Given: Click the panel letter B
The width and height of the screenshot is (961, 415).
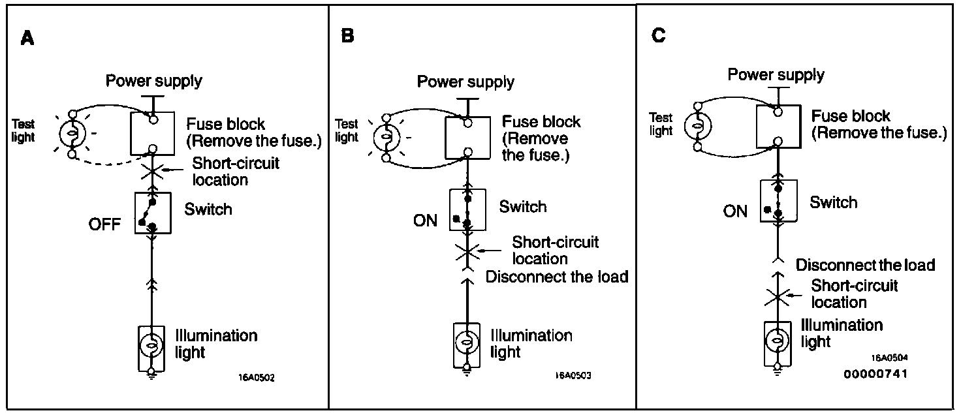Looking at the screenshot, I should [x=348, y=36].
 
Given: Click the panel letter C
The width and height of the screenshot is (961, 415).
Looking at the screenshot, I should [x=659, y=35].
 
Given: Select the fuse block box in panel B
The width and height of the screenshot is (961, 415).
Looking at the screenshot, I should [x=468, y=137].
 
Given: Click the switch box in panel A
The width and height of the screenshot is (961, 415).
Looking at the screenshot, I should [x=152, y=213].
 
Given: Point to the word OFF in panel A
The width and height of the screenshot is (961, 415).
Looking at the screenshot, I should [x=104, y=224].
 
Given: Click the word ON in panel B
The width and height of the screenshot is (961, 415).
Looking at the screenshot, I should [x=425, y=221].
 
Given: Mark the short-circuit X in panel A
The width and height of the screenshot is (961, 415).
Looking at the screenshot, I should [x=151, y=172].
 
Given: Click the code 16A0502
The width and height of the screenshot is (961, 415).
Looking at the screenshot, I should [x=257, y=377].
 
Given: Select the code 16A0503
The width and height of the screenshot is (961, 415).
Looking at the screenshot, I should [x=573, y=377].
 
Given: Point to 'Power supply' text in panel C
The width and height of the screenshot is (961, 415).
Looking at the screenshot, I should [x=776, y=74].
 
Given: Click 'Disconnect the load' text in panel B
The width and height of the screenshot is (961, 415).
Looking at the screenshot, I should [x=557, y=277].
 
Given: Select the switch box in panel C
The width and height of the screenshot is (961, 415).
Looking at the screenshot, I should [x=778, y=201].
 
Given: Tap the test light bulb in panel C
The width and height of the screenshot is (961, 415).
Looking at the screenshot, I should [x=698, y=124].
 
